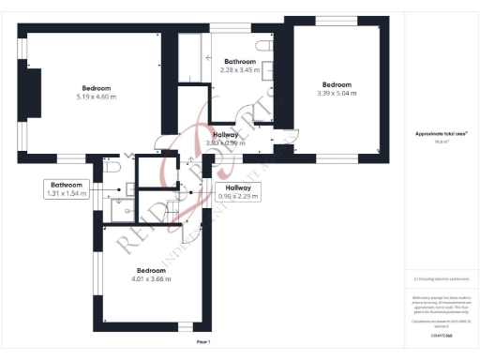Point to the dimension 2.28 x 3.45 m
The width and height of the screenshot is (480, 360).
pyautogui.click(x=240, y=70)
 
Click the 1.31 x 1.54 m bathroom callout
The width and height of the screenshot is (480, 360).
pyautogui.click(x=67, y=194)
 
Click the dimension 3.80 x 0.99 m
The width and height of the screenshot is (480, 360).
pyautogui.click(x=225, y=143)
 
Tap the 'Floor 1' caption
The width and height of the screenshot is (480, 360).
pyautogui.click(x=203, y=342)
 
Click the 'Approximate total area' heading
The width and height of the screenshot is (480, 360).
pyautogui.click(x=441, y=134)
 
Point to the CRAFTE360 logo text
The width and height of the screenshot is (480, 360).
pyautogui.click(x=441, y=335)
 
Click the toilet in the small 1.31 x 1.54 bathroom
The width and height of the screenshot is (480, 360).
pyautogui.click(x=112, y=166)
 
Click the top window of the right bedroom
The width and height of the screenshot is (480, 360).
pyautogui.click(x=335, y=21)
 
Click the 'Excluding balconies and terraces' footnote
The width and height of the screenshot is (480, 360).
pyautogui.click(x=441, y=278)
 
